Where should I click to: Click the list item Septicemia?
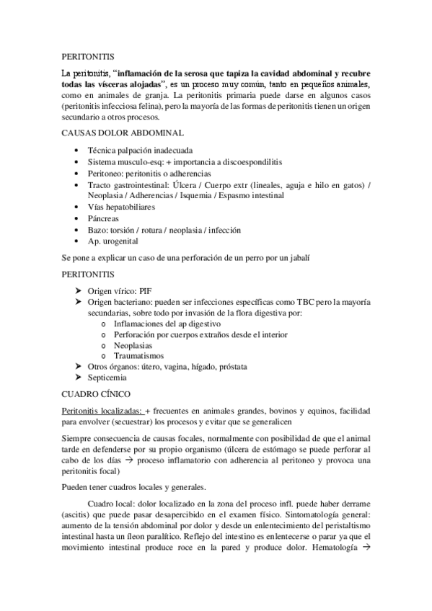click(107, 378)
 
